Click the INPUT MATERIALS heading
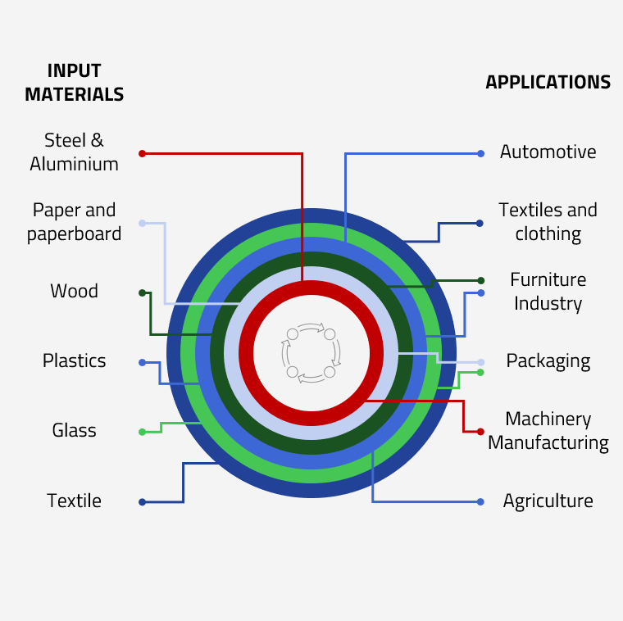74,83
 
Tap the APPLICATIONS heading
548,83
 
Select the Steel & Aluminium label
74,152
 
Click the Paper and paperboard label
74,222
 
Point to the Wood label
74,292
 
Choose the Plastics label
74,361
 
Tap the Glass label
74,431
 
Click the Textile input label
74,501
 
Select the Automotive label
548,152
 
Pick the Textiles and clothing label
548,222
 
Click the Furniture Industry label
548,292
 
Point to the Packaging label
548,361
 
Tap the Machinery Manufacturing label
548,431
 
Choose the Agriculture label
548,501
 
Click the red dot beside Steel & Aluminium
142,153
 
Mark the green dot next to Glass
142,432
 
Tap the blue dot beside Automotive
481,153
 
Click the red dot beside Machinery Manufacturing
480,432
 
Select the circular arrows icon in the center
311,353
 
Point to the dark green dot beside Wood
142,292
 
